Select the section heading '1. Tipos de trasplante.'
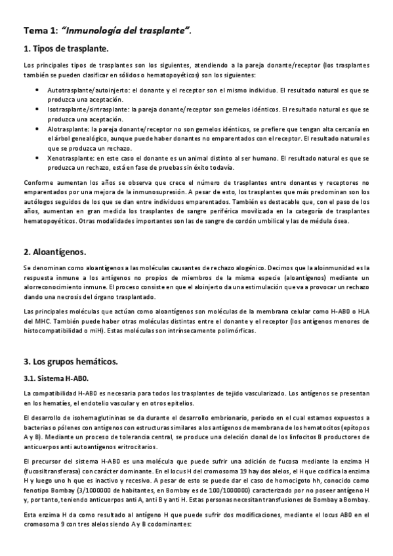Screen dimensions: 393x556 [x=66, y=49]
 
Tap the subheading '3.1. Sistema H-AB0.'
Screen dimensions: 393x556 [x=56, y=378]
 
